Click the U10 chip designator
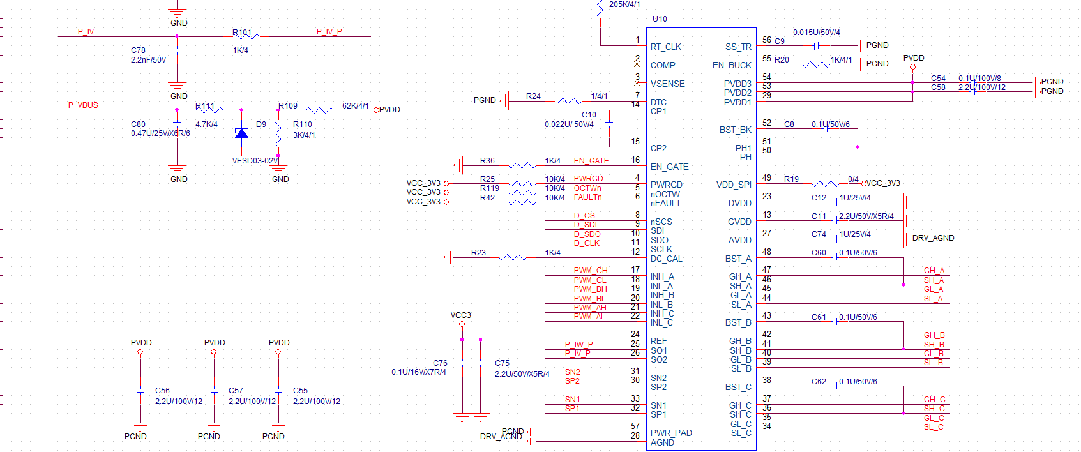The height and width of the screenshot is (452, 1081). click(660, 19)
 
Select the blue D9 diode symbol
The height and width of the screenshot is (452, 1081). click(241, 133)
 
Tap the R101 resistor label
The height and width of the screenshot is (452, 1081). click(242, 33)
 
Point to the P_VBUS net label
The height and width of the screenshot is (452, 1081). click(83, 105)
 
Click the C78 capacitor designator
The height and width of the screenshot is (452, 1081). click(138, 50)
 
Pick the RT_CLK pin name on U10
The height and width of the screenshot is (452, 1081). click(665, 47)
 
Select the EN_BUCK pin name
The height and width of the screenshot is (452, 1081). click(732, 65)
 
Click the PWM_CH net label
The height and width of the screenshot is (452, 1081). click(590, 271)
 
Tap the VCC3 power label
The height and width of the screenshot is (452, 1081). click(460, 315)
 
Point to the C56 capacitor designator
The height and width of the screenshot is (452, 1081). click(162, 391)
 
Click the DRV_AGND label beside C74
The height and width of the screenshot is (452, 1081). click(933, 238)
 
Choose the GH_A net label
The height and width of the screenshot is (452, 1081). click(934, 271)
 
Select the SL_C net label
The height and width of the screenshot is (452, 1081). click(934, 427)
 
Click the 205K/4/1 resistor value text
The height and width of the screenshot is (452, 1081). click(624, 4)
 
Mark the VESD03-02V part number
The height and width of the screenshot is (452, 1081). click(255, 161)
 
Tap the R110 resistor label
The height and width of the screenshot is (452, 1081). click(303, 124)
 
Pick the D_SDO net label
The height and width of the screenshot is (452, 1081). click(587, 234)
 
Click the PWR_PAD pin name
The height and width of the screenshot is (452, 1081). click(671, 433)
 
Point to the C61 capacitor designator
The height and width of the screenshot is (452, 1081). click(819, 317)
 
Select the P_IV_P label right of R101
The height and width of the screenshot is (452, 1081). click(329, 32)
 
